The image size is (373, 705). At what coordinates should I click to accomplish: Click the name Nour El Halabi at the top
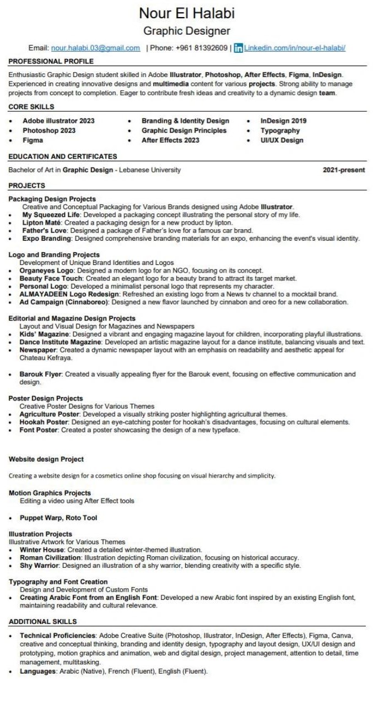(186, 13)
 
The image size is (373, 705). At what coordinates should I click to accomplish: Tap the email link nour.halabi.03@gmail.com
(95, 48)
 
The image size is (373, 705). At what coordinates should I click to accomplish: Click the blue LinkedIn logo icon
(238, 48)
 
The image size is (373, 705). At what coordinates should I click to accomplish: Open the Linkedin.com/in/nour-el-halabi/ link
(295, 48)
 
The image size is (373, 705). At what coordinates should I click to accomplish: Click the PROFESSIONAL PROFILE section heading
(51, 61)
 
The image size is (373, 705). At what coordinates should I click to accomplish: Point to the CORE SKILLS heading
(31, 106)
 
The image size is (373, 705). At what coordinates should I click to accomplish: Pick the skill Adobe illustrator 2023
(58, 121)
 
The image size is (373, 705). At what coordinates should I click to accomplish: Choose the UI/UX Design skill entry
(282, 140)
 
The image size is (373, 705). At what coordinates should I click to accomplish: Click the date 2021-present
(343, 170)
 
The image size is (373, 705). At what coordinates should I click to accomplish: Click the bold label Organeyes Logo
(47, 271)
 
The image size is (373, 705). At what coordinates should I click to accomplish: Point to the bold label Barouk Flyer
(41, 375)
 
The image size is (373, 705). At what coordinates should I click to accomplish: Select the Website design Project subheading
(46, 459)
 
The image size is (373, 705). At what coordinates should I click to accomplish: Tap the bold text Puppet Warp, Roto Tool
(58, 518)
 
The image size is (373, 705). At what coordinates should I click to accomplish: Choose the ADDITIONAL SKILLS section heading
(42, 621)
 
